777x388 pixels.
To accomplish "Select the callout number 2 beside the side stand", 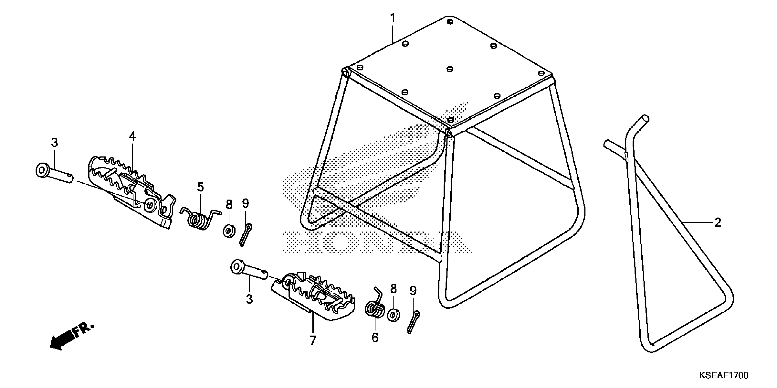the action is (x=717, y=223).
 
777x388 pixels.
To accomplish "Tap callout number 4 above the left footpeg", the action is (x=132, y=136).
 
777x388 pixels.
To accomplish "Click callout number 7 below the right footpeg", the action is (x=313, y=340).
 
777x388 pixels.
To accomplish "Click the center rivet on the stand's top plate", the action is (x=450, y=69).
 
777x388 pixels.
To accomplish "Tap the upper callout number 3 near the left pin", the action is (x=54, y=143).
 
